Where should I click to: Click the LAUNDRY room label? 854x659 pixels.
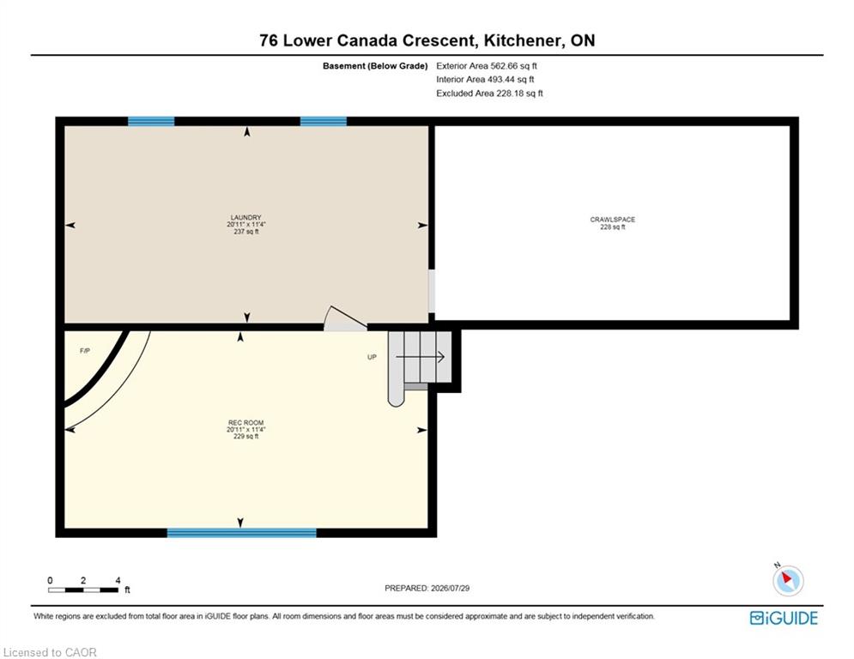click(x=246, y=217)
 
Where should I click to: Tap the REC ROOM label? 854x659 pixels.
click(x=245, y=423)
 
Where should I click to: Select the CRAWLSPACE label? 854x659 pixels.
click(x=613, y=220)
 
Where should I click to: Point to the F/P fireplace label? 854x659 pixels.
click(x=85, y=351)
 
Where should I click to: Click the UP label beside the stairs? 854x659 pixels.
click(x=372, y=357)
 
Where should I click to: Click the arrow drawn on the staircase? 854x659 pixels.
click(x=421, y=357)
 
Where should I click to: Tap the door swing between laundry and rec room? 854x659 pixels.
click(x=345, y=318)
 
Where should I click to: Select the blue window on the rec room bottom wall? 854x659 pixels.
click(x=242, y=533)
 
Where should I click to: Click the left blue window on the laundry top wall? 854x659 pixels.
click(x=151, y=121)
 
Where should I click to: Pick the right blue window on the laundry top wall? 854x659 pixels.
click(x=324, y=121)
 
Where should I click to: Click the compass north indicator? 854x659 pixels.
click(x=787, y=579)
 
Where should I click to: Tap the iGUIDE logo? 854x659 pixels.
click(x=784, y=618)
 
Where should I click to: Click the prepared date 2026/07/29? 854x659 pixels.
click(x=450, y=588)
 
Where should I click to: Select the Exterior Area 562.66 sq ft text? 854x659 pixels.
click(x=487, y=66)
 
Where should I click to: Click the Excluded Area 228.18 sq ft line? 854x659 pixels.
click(x=489, y=94)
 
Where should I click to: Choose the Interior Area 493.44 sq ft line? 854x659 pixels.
click(x=485, y=80)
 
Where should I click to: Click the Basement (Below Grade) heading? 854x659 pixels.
click(x=375, y=66)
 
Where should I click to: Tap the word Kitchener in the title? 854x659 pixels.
click(x=522, y=40)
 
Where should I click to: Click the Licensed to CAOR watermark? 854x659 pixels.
click(x=50, y=652)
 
